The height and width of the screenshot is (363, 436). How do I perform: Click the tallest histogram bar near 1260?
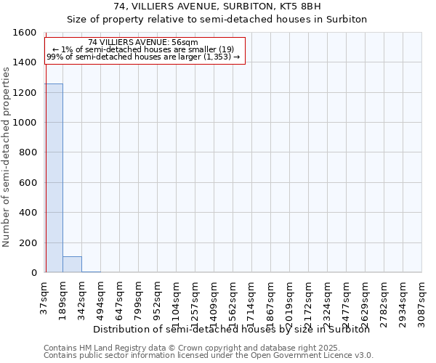(54, 178)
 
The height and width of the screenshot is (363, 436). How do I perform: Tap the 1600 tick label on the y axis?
(24, 33)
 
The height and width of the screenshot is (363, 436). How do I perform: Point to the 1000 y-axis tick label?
(24, 123)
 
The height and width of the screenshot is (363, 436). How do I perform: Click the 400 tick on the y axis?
(27, 213)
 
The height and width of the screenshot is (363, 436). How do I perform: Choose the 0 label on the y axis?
(33, 273)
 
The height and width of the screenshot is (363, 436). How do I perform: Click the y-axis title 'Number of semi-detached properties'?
(7, 155)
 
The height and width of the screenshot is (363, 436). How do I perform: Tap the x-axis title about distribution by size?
(232, 330)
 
